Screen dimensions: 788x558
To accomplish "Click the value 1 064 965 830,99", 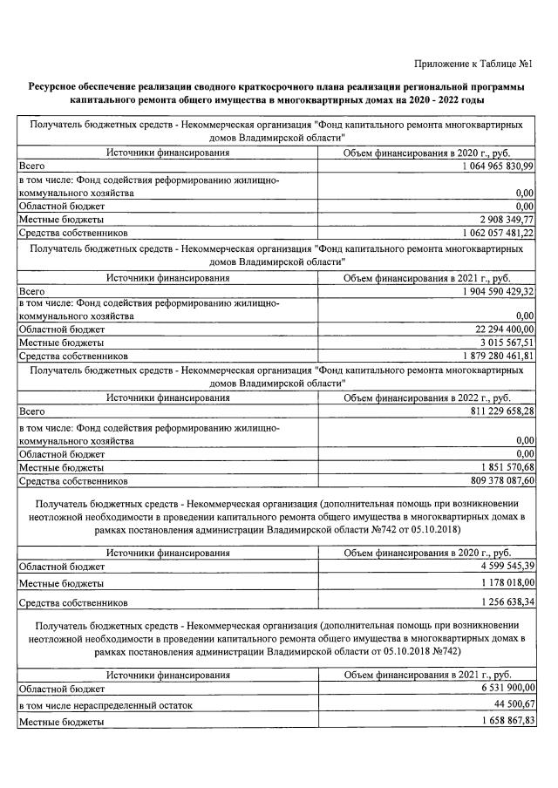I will coord(489,166).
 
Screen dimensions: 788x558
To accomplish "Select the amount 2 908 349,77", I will coord(503,220).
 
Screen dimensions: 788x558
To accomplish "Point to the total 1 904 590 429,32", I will coord(489,291).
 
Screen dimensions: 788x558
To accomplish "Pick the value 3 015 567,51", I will coord(503,343).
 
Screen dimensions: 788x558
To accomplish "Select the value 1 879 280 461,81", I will coord(489,356).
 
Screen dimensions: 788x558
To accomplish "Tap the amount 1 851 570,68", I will coord(503,468).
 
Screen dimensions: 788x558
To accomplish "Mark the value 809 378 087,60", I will coord(493,480).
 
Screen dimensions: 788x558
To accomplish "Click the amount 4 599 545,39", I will coord(503,566).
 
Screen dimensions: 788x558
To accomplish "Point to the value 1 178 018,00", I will coord(503,583).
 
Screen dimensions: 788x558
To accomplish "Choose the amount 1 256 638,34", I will coord(503,602).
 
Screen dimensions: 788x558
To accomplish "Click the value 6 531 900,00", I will coord(503,688).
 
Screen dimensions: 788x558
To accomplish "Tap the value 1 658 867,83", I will coord(503,722).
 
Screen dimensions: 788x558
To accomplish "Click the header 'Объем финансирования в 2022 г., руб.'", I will coord(427,397).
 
